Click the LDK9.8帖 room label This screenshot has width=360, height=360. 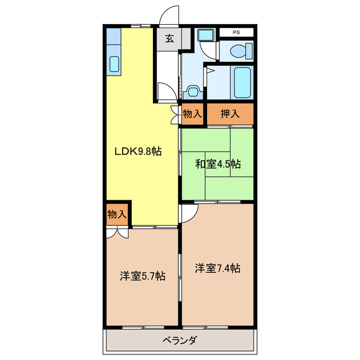tap(138, 151)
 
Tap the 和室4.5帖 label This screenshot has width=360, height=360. tap(218, 164)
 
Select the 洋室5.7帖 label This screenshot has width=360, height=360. tap(142, 276)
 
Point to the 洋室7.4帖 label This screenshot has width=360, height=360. tap(218, 268)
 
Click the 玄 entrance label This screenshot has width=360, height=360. tap(169, 39)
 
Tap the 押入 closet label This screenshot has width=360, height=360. tap(229, 114)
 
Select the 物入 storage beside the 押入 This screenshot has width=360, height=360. tap(192, 114)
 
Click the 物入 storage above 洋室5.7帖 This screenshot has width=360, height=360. tap(116, 214)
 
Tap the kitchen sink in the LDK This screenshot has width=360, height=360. tap(115, 64)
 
